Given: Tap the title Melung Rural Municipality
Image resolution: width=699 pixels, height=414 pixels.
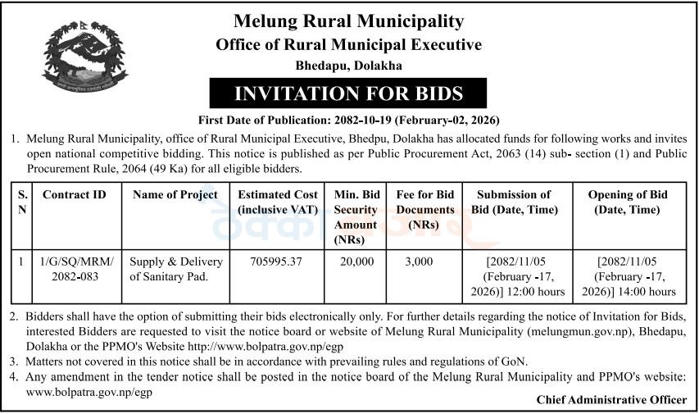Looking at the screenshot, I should click(x=349, y=20).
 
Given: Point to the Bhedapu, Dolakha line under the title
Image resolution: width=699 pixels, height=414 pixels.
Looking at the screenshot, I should click(x=349, y=65).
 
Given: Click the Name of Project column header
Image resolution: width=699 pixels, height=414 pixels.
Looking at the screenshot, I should click(x=175, y=195).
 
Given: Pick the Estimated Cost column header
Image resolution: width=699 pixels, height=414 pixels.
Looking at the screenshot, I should click(x=278, y=202).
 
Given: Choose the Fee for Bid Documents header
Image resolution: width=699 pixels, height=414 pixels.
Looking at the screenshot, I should click(x=424, y=209).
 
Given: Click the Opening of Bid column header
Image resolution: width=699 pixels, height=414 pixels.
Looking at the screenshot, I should click(x=628, y=202).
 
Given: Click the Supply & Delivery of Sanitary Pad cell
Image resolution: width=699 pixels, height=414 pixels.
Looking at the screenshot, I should click(x=175, y=269).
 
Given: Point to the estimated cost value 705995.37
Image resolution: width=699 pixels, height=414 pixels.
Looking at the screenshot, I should click(x=278, y=262).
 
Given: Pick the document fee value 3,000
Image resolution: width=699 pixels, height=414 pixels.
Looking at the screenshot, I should click(x=424, y=262).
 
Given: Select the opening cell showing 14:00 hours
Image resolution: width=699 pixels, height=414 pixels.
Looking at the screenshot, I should click(x=628, y=276).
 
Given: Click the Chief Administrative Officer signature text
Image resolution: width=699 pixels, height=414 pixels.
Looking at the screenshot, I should click(x=611, y=399).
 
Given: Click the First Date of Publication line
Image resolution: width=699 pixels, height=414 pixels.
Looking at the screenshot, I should click(x=349, y=121).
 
